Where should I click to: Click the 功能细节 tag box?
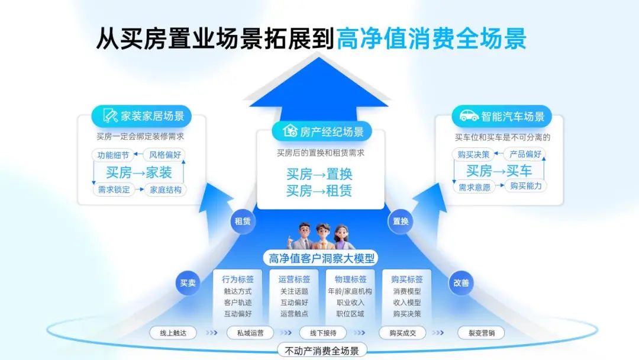coord(112,155)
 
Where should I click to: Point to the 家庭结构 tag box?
coord(166,190)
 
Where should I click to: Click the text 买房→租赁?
coord(319,191)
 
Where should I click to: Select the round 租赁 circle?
coord(243,221)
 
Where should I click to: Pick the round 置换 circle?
coord(401,221)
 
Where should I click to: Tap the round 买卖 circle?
coord(188,283)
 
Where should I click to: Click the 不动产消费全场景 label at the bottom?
coord(322,351)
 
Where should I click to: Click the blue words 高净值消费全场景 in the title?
coord(431,39)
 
